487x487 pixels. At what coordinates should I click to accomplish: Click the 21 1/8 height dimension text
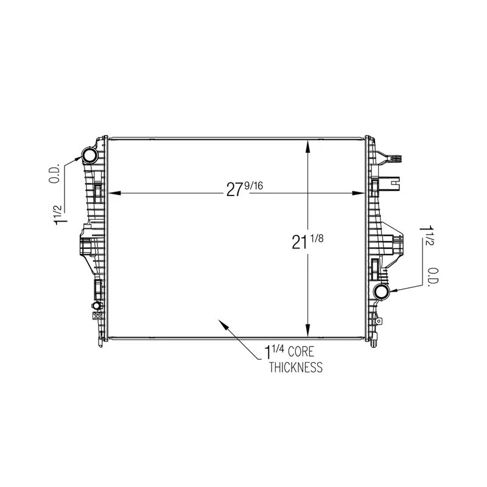tap(307, 242)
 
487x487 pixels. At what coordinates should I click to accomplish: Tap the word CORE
tap(301, 352)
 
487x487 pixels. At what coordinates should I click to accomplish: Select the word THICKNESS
tap(296, 367)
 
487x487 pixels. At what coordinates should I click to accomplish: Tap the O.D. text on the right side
tap(433, 277)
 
